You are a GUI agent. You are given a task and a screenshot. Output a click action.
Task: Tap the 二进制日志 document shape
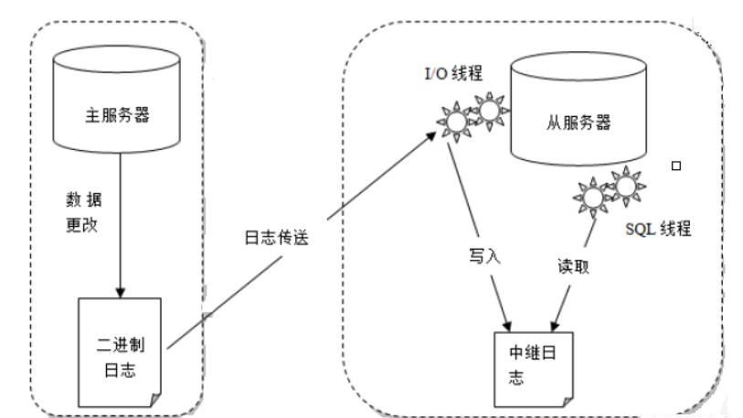[x=120, y=351]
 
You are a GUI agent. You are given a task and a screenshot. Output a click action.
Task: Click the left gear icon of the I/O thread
[x=453, y=120]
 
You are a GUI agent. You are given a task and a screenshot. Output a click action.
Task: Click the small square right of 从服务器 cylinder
[x=676, y=166]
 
